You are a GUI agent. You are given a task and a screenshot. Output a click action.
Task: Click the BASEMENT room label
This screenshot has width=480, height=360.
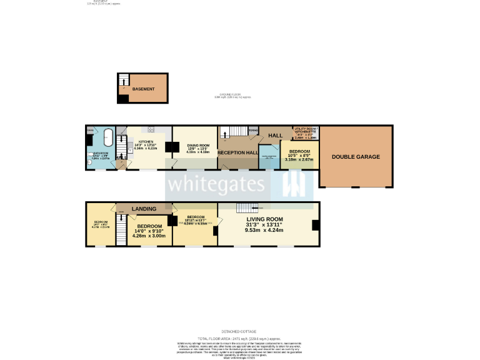(143, 89)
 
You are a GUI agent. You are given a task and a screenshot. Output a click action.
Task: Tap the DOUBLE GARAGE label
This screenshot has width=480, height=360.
(356, 157)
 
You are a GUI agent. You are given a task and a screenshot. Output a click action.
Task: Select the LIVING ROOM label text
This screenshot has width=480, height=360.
(264, 219)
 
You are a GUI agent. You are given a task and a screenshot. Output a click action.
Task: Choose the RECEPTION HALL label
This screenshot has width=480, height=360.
(237, 152)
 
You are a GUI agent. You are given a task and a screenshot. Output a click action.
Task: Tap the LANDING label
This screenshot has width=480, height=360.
(144, 208)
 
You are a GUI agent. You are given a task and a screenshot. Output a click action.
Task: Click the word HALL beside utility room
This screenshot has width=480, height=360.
(276, 136)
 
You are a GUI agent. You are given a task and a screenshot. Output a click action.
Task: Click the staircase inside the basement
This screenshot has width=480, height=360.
(124, 80)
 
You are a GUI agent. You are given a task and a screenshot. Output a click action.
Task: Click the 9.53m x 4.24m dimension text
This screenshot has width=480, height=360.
(264, 230)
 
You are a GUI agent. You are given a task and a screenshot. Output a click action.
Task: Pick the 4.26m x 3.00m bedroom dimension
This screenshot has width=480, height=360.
(150, 236)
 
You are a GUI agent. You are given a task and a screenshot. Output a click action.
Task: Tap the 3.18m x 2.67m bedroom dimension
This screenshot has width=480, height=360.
(299, 159)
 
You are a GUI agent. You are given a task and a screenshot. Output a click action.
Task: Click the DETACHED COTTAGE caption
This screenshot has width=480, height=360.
(239, 331)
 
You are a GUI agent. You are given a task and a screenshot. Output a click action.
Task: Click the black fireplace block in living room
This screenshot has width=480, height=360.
(316, 226)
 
